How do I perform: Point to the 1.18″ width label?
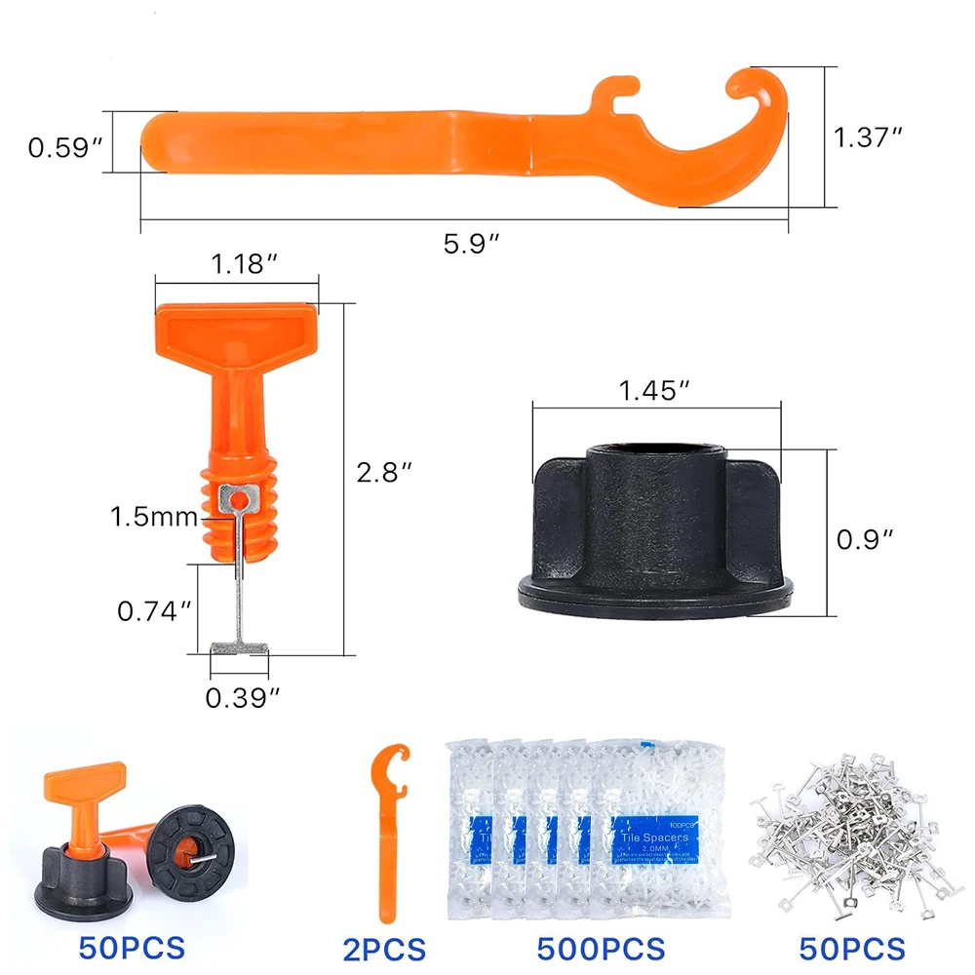pyautogui.click(x=237, y=264)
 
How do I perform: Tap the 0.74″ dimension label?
pyautogui.click(x=154, y=611)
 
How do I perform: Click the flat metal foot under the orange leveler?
pyautogui.click(x=239, y=647)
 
